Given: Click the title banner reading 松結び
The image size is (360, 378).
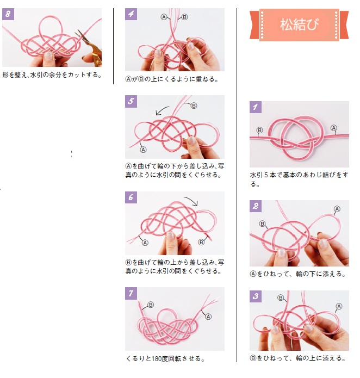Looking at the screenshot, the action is [x=299, y=24].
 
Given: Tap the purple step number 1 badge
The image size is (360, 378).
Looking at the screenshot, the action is [x=256, y=107].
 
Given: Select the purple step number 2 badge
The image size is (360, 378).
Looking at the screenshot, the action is [x=256, y=206].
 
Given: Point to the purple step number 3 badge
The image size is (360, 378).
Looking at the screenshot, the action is [x=256, y=296].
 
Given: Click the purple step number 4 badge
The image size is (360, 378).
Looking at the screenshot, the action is [x=131, y=14].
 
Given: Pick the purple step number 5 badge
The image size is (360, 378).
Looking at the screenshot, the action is [x=131, y=101].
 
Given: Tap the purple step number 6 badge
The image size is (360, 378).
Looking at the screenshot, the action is [x=131, y=197].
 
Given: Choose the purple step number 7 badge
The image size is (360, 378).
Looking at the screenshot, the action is [x=131, y=293].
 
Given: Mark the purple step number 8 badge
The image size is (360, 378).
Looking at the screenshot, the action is [x=8, y=14].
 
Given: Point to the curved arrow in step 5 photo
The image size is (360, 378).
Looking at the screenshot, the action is [x=162, y=110].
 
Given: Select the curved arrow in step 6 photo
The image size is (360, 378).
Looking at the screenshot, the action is [x=191, y=201].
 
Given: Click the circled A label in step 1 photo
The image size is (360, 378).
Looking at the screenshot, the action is [x=334, y=128].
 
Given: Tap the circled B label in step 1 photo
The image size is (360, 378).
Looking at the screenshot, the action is [x=259, y=130].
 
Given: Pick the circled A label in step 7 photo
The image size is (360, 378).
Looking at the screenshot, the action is [x=208, y=317].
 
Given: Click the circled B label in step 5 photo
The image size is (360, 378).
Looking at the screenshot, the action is [x=194, y=106].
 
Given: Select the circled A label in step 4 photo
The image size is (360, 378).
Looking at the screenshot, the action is [x=164, y=17].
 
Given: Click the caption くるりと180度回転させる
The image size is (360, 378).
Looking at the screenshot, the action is [x=165, y=358].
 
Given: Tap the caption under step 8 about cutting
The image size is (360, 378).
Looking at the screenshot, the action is [x=52, y=75].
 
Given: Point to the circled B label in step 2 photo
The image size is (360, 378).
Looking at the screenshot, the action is [x=263, y=224].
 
